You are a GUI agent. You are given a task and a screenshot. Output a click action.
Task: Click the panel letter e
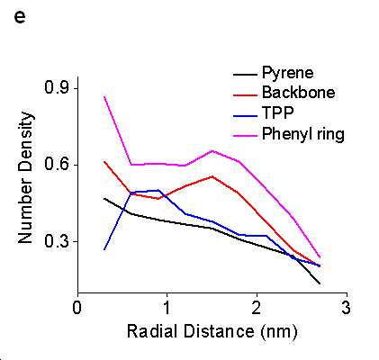[x=20, y=18]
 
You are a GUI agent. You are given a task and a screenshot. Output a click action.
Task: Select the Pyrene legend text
[x=288, y=73]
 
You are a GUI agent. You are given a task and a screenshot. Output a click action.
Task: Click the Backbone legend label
[x=298, y=92]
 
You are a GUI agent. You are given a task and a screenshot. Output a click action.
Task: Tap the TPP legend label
[x=278, y=112]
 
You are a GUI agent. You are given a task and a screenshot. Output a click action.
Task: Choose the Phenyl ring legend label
[x=303, y=133]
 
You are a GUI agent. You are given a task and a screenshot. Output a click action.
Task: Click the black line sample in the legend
[x=246, y=75]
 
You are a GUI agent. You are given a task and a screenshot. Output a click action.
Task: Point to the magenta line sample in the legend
[x=246, y=136]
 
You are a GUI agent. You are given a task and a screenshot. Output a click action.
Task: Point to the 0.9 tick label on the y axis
[x=57, y=88]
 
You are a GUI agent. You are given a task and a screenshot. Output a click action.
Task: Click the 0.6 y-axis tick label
[x=57, y=165]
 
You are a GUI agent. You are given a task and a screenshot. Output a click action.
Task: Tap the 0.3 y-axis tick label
[x=57, y=241]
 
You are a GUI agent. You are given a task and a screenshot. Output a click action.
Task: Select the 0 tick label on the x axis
[x=77, y=308]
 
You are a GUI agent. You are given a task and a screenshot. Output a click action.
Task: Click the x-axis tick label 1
[x=167, y=308]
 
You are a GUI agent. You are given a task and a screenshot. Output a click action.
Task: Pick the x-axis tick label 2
[x=257, y=308]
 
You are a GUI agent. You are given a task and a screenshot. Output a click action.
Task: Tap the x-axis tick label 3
[x=347, y=308]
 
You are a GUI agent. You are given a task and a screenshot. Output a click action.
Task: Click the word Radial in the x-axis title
[x=152, y=331]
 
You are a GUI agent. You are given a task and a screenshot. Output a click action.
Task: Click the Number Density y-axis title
[x=25, y=177]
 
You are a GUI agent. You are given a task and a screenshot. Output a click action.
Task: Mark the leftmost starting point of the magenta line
[x=104, y=96]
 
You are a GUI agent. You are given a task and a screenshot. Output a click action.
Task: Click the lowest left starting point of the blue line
[x=104, y=249]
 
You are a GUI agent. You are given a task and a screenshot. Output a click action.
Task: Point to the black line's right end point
[x=320, y=283]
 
